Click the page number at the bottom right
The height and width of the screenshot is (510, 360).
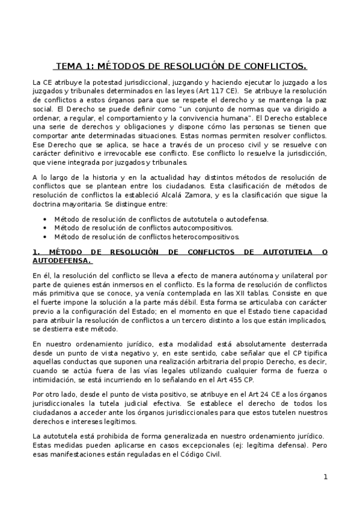coord(325,478)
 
